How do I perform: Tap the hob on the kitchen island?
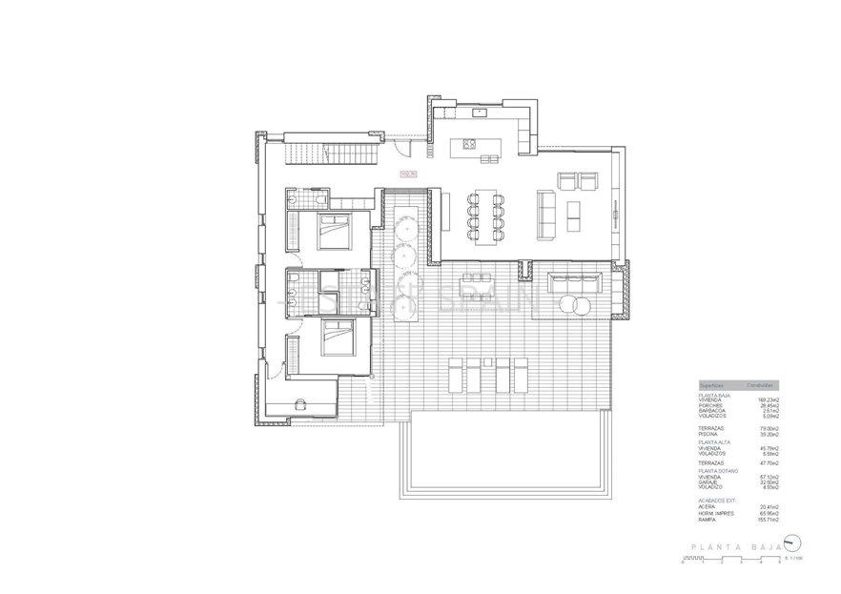tap(468, 145)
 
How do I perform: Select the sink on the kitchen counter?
tap(480, 113)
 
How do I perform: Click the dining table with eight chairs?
tap(487, 215)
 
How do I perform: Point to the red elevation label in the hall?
tap(409, 174)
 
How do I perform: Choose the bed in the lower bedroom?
tap(335, 338)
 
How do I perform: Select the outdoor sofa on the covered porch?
tap(574, 282)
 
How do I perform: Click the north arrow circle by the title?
tap(790, 544)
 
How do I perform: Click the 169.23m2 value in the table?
tap(769, 399)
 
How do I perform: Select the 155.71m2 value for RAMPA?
tap(769, 521)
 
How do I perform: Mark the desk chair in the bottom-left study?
tap(302, 403)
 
